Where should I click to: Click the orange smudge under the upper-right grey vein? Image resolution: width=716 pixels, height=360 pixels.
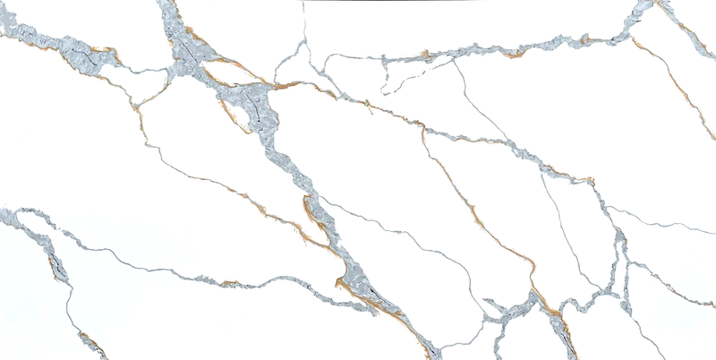[x=514, y=55]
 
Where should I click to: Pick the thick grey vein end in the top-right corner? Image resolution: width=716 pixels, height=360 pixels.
[x=641, y=11]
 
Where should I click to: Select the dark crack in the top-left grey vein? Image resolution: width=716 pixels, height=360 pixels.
[x=85, y=59]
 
